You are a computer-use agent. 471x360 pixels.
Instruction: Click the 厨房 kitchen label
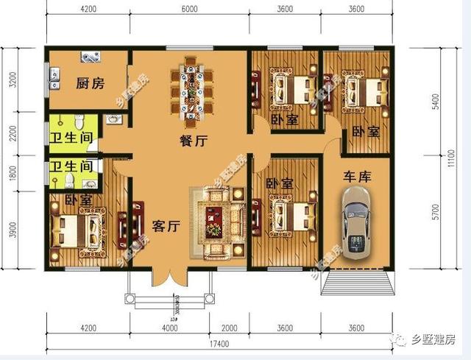[x=89, y=83]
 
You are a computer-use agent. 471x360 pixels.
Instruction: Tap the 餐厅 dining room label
[x=193, y=142]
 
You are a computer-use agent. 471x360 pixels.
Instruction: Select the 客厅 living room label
[x=166, y=226]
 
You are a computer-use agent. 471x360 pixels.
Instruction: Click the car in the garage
[x=357, y=223]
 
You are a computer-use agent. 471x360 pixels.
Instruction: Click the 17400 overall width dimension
[x=221, y=344]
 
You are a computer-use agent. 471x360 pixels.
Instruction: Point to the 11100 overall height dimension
[x=457, y=158]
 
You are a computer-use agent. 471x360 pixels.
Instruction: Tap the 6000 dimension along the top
[x=189, y=10]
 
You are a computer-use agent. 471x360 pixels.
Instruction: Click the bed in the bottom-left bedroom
[x=77, y=230]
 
